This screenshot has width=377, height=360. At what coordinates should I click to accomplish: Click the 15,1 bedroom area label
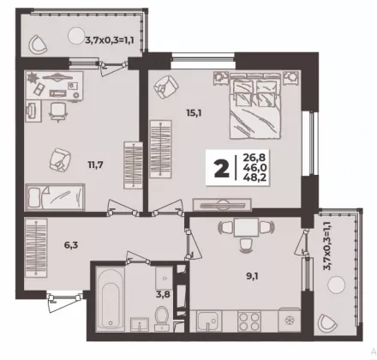(x=194, y=113)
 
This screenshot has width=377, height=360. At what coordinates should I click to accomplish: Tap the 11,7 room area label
(x=95, y=165)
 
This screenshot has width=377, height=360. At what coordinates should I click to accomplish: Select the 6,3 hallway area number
(x=71, y=245)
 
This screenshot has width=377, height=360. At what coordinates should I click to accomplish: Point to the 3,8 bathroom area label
(x=163, y=294)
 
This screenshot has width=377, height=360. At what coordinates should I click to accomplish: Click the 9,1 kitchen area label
(x=253, y=276)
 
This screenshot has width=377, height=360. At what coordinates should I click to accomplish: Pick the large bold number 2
(x=222, y=169)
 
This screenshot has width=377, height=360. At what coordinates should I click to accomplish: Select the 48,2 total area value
(x=254, y=177)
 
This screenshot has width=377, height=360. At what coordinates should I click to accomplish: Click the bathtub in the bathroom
(x=110, y=299)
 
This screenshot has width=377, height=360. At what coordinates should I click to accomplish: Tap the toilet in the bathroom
(x=161, y=319)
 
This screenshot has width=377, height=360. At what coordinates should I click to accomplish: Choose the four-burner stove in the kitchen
(x=249, y=321)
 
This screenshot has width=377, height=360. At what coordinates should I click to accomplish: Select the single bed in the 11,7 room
(x=55, y=197)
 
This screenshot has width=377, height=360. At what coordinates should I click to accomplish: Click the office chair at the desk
(x=58, y=111)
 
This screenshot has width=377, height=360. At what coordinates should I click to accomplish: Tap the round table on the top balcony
(x=76, y=35)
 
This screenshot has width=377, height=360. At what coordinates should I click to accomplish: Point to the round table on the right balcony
(x=336, y=285)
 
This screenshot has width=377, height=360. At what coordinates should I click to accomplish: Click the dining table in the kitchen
(x=246, y=227)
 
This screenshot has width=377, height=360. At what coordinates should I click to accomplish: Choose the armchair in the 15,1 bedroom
(x=166, y=87)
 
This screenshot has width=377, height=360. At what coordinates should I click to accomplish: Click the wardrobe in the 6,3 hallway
(x=36, y=248)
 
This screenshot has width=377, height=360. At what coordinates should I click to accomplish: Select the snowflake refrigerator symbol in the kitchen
(x=289, y=321)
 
